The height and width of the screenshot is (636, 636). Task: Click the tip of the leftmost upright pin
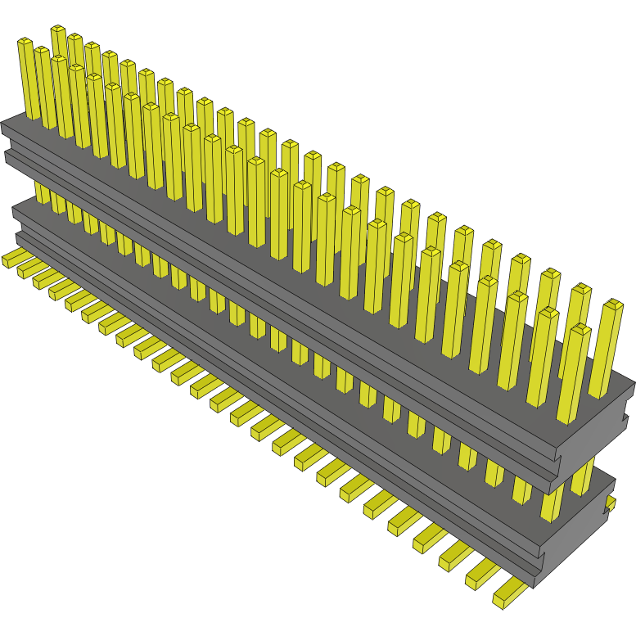[25, 41]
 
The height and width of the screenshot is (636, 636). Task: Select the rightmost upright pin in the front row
[575, 372]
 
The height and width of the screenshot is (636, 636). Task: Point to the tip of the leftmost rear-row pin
[58, 29]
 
